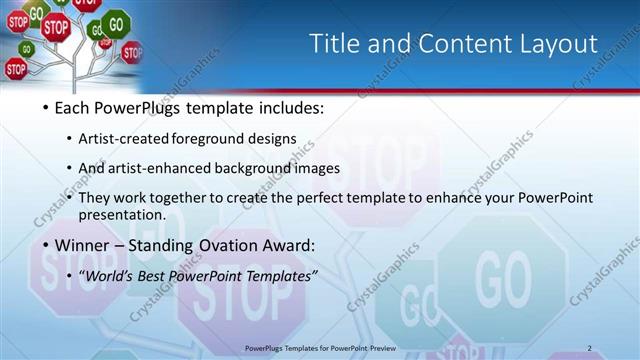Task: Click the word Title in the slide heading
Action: tap(334, 44)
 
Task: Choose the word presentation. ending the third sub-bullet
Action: tap(128, 214)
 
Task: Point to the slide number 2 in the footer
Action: tap(590, 348)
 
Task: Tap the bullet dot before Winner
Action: tap(46, 245)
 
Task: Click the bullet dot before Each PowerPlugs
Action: tap(46, 107)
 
